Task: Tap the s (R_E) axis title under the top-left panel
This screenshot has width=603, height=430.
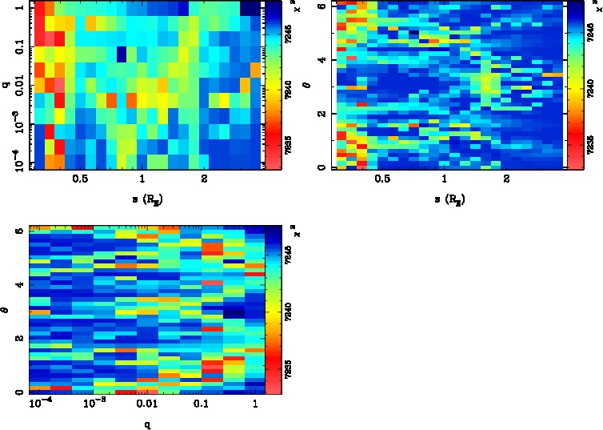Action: point(143,198)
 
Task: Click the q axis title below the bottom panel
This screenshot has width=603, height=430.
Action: point(147,424)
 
